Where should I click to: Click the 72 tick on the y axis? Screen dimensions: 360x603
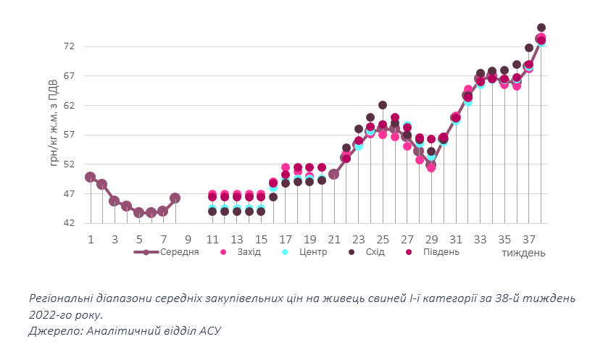[70, 46]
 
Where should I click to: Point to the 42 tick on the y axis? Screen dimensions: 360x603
[70, 224]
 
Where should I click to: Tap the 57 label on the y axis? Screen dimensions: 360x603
[70, 135]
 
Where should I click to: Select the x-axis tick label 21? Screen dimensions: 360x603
[334, 239]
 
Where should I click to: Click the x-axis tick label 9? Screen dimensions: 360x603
[188, 239]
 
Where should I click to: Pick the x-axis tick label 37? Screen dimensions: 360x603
[529, 239]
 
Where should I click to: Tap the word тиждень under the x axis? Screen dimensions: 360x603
[523, 253]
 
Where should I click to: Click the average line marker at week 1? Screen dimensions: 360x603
[90, 177]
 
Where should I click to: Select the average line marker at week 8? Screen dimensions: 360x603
[175, 198]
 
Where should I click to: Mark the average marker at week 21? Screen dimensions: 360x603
[333, 174]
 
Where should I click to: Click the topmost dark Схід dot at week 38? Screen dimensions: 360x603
[541, 28]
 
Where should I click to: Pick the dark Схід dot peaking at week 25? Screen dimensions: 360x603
[382, 105]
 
